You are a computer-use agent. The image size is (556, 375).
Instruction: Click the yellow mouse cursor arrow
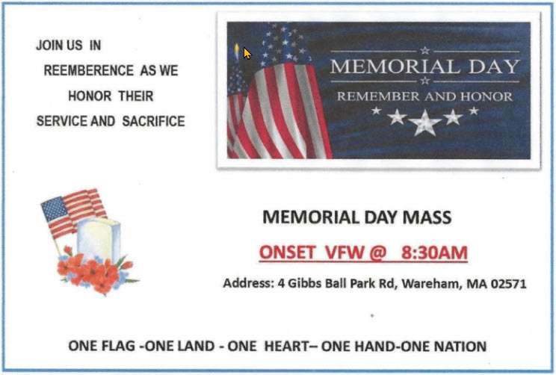(x=247, y=54)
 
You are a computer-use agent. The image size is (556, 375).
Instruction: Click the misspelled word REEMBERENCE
(x=89, y=70)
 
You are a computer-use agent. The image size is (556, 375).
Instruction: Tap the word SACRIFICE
(x=153, y=121)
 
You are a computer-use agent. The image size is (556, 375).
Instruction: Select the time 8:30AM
(x=434, y=252)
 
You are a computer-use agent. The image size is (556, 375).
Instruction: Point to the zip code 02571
(x=509, y=284)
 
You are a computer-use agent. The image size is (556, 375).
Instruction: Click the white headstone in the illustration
(x=99, y=238)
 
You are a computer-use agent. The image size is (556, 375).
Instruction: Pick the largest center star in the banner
(x=424, y=123)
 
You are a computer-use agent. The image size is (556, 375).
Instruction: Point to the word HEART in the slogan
(x=286, y=346)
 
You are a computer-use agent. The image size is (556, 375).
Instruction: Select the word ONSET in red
(x=287, y=252)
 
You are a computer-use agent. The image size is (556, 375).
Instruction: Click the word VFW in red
(x=345, y=252)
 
